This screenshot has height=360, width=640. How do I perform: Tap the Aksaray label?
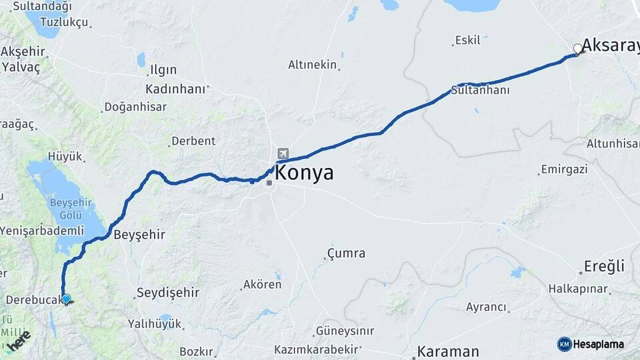(x=610, y=45)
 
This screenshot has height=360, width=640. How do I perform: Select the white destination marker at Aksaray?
(x=577, y=48)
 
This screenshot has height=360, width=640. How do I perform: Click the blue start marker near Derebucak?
(x=66, y=299)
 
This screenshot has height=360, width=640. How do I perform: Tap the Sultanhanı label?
(x=480, y=90)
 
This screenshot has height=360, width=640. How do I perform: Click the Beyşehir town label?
(x=139, y=235)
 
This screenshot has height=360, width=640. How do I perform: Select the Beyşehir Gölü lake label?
(x=65, y=209)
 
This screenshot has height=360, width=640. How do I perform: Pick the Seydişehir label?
(x=168, y=293)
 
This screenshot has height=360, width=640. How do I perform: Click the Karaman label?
(x=448, y=351)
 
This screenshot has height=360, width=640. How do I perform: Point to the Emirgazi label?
(x=565, y=169)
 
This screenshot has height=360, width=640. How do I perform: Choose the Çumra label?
(x=346, y=253)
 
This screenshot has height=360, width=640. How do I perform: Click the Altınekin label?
(x=312, y=65)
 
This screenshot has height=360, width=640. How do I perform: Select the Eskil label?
(x=467, y=41)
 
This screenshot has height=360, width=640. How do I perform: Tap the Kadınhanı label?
(x=175, y=89)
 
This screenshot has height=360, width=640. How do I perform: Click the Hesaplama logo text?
(x=598, y=344)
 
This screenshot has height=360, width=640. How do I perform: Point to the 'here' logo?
(x=18, y=341)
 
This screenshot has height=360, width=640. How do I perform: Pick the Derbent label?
(x=193, y=141)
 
